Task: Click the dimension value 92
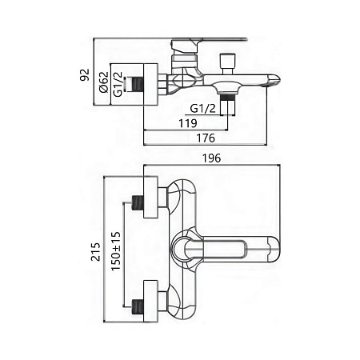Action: point(85,74)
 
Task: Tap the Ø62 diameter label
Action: point(104,82)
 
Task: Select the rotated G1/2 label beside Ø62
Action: point(118,84)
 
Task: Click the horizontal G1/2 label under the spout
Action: point(202,109)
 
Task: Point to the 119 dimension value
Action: point(188,123)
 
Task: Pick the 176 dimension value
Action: point(206,138)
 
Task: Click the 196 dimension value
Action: point(212,158)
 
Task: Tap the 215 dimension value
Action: point(96,251)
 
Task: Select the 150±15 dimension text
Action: point(116,251)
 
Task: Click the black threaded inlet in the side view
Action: point(138,83)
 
